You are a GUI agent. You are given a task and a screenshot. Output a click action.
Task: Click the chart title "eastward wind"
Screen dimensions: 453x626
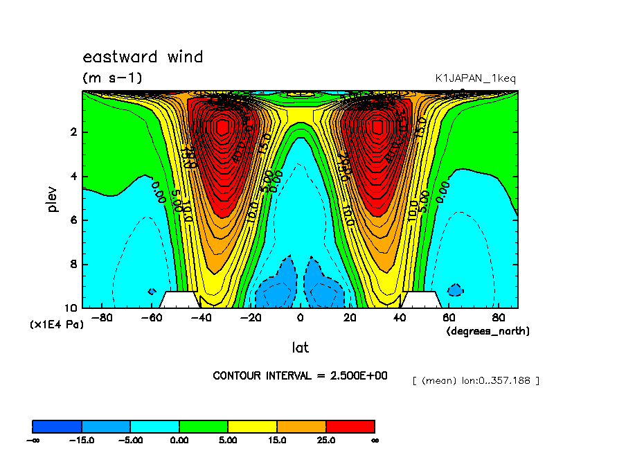pyautogui.click(x=143, y=57)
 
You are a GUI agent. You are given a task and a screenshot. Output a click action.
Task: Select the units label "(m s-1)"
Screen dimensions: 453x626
pyautogui.click(x=112, y=78)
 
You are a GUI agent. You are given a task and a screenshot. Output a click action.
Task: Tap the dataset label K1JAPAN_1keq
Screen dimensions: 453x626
pyautogui.click(x=475, y=78)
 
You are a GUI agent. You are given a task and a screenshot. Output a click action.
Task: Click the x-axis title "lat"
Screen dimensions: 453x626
pyautogui.click(x=300, y=348)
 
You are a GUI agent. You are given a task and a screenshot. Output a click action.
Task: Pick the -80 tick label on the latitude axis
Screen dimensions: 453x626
pyautogui.click(x=102, y=318)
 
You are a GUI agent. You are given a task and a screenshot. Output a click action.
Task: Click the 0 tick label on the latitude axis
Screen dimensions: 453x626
pyautogui.click(x=300, y=318)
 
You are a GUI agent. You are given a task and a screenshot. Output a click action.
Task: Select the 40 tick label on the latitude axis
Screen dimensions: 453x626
pyautogui.click(x=400, y=318)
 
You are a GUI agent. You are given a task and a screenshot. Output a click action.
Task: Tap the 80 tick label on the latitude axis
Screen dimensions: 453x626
pyautogui.click(x=499, y=318)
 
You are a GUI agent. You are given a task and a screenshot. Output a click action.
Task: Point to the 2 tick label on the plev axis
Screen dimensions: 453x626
pyautogui.click(x=73, y=132)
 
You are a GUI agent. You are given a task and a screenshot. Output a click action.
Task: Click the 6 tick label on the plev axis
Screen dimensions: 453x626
pyautogui.click(x=73, y=220)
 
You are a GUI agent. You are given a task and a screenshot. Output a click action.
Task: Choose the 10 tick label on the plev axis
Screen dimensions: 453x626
pyautogui.click(x=70, y=308)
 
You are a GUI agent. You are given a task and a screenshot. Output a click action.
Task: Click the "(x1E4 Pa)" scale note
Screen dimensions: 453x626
pyautogui.click(x=55, y=324)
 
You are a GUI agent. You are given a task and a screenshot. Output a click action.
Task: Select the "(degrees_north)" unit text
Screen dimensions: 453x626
pyautogui.click(x=488, y=331)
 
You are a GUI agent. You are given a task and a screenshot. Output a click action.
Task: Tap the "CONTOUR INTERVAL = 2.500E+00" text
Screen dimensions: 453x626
pyautogui.click(x=300, y=375)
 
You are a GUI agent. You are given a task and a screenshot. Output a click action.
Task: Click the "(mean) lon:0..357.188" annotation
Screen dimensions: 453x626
pyautogui.click(x=475, y=380)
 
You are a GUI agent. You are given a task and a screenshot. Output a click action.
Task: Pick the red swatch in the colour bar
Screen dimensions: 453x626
pyautogui.click(x=350, y=426)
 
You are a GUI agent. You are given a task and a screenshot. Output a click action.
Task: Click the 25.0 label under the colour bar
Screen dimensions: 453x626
pyautogui.click(x=325, y=440)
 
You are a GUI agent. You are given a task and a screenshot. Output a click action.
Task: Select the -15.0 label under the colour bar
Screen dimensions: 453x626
pyautogui.click(x=82, y=440)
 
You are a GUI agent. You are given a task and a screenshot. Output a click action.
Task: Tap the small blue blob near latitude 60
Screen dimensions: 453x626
pyautogui.click(x=455, y=290)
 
